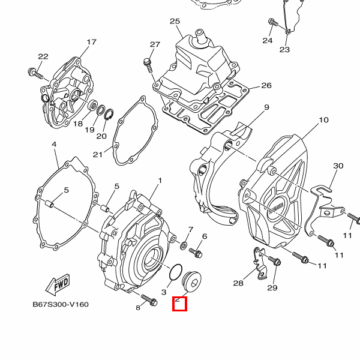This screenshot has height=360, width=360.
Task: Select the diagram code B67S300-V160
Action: (61, 304)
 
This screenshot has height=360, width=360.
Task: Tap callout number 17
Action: (91, 42)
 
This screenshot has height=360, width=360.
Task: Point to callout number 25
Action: (175, 22)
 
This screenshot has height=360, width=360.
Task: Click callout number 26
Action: (266, 85)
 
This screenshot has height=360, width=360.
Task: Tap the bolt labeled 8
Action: (148, 299)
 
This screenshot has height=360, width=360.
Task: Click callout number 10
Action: (323, 120)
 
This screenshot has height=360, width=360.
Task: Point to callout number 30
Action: (338, 166)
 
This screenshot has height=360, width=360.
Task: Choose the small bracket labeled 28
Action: (259, 262)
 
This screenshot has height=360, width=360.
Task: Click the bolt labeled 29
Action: (275, 262)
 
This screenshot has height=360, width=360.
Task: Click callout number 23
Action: (284, 49)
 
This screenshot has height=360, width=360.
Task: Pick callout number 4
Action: (54, 145)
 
